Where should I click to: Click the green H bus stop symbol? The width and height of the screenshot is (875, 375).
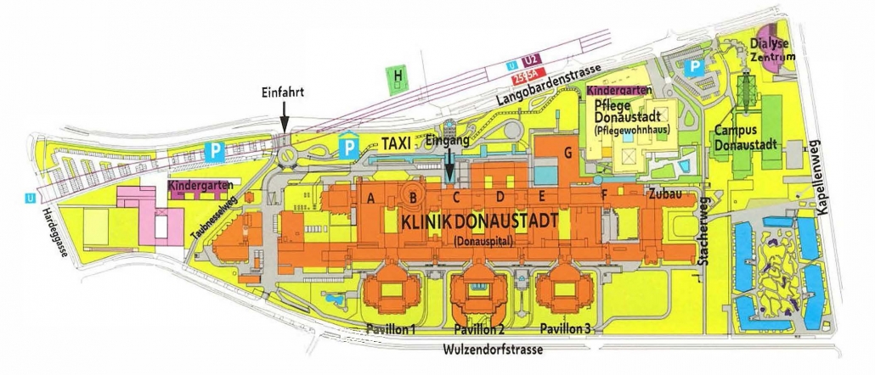coord(397,78)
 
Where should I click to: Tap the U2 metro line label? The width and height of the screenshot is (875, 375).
coord(531,61)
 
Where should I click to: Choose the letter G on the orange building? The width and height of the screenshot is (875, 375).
coord(567,153)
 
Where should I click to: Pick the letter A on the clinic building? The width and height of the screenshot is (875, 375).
coord(370,198)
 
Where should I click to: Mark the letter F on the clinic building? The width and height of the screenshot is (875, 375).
coord(604,198)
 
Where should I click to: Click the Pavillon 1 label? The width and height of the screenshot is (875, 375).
coord(391,329)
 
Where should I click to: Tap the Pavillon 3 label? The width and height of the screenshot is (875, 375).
coord(567,329)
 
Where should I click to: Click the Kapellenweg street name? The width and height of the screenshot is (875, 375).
coord(821,177)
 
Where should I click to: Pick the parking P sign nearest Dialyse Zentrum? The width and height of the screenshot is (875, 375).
coord(694,65)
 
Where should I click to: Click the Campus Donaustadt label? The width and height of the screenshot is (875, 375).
coord(746,137)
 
